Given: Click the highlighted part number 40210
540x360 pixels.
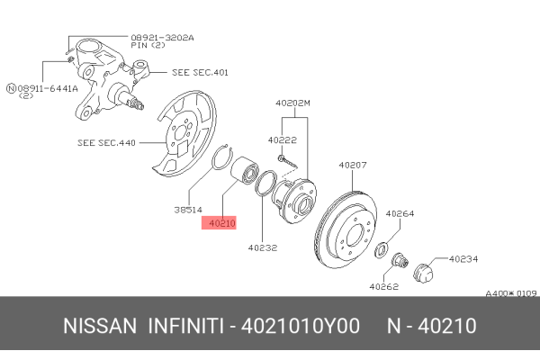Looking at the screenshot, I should pyautogui.click(x=220, y=222).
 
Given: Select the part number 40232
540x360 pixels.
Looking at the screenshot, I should pyautogui.click(x=263, y=246).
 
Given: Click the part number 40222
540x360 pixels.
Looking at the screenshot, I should pyautogui.click(x=282, y=139).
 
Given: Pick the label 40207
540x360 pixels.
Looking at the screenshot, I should pyautogui.click(x=354, y=165).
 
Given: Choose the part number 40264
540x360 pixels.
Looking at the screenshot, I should pyautogui.click(x=400, y=214).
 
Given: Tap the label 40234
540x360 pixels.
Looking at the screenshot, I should pyautogui.click(x=463, y=258).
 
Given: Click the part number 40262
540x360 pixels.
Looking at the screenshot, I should pyautogui.click(x=382, y=287).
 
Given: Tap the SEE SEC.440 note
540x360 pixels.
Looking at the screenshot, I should pyautogui.click(x=106, y=142).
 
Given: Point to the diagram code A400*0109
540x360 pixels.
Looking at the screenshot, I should pyautogui.click(x=510, y=293).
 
